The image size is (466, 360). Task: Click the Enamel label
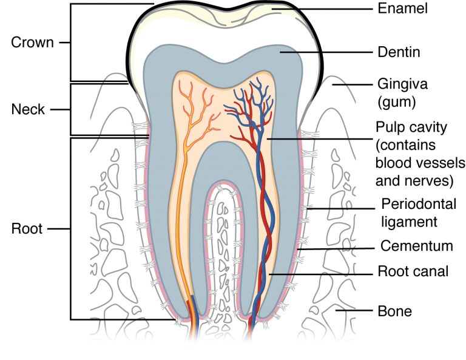coord(402,8)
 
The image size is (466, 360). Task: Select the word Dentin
coord(399,52)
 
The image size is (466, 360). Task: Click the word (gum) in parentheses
coord(396,99)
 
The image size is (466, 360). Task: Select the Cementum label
coord(417,246)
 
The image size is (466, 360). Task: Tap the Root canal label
coord(413,271)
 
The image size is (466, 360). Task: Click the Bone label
coord(394,311)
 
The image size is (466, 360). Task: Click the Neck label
coord(29,109)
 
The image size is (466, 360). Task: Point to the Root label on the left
coord(27,229)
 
